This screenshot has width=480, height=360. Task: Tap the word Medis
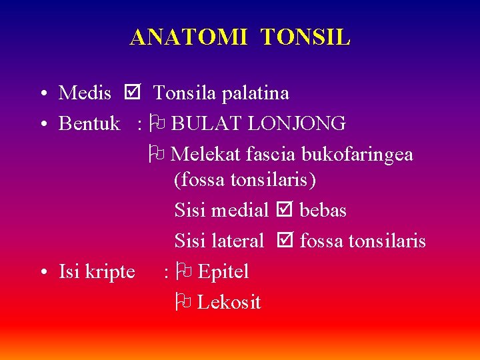click(85, 93)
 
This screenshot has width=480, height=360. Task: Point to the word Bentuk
click(89, 124)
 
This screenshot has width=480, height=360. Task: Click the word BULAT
click(202, 124)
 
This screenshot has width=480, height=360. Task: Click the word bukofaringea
click(357, 155)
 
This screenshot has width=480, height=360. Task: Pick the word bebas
click(323, 211)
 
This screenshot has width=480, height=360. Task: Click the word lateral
click(237, 241)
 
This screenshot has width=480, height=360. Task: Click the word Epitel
click(223, 272)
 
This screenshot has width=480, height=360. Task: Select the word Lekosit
click(229, 303)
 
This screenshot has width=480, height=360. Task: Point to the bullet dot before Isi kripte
click(43, 272)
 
